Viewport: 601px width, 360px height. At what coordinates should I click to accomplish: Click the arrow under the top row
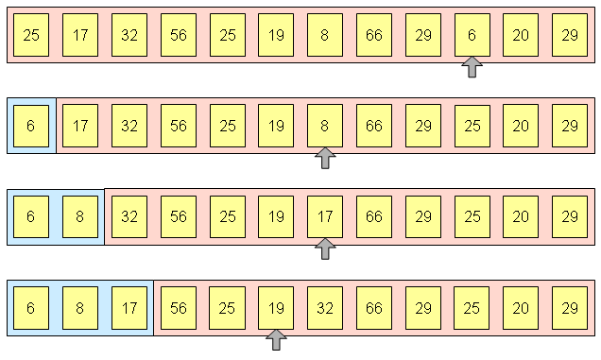point(472,67)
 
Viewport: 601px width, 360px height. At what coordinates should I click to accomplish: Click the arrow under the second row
point(325,158)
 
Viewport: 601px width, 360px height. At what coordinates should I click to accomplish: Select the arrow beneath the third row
point(325,249)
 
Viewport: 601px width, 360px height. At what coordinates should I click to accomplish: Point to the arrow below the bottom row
point(276,339)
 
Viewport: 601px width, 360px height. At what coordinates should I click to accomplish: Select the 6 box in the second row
point(31,125)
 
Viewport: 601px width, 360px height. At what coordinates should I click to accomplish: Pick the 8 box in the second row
point(325,125)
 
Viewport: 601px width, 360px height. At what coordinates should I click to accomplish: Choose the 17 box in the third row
point(325,215)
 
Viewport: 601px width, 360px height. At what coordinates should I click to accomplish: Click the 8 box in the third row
point(80,215)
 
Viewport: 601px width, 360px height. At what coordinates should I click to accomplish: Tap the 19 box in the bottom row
point(276,307)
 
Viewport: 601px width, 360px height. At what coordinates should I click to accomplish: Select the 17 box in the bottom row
point(129,307)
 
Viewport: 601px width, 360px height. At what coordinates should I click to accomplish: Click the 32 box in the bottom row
point(325,307)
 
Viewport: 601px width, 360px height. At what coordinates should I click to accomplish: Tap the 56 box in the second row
point(179,125)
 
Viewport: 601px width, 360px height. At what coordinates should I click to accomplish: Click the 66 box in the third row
point(374,215)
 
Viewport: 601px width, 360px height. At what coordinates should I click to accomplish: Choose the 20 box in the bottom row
point(521,307)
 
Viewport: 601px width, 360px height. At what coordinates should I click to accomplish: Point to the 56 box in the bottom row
point(179,307)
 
